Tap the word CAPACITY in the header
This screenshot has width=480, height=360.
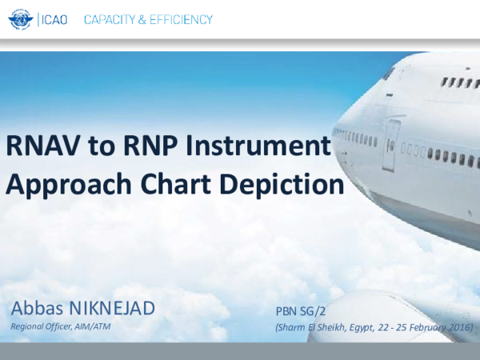[113, 19]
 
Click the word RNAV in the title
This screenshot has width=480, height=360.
[38, 146]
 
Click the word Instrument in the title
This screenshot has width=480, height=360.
[251, 146]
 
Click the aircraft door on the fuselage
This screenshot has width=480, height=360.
[390, 144]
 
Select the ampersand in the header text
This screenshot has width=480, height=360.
[145, 19]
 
